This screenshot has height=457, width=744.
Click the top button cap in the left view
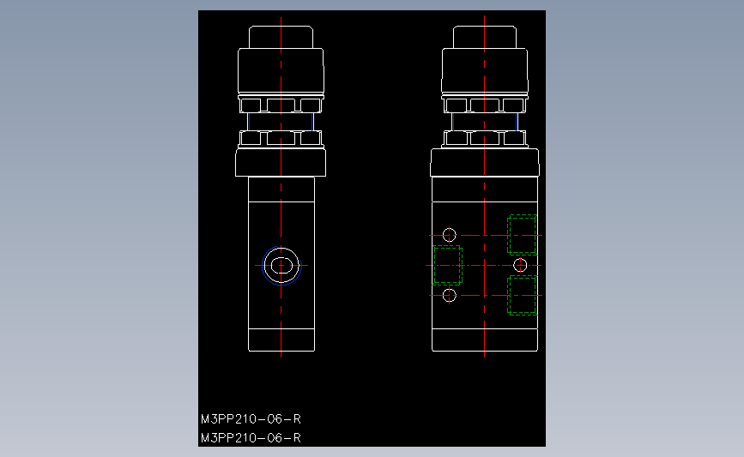point(281,38)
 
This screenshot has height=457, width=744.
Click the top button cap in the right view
point(485,38)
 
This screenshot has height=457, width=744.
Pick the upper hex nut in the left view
point(281,105)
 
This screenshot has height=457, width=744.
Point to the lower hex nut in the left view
point(281,138)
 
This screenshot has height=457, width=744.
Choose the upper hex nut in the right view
point(485,105)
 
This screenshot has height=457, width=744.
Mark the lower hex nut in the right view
point(485,138)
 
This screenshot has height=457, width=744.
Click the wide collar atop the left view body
point(281,162)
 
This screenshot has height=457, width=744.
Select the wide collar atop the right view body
point(485,162)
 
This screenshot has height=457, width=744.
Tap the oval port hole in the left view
point(281,265)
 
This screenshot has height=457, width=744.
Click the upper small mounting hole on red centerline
point(449,235)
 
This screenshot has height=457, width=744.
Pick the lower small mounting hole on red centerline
point(449,295)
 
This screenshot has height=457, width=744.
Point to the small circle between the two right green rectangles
point(519,265)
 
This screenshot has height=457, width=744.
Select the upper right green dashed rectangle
point(523,234)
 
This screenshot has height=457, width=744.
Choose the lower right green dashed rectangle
point(523,296)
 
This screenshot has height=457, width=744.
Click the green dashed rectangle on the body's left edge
point(447,265)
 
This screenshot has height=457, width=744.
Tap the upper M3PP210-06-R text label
point(251,419)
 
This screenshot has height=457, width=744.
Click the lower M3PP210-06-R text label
point(251,438)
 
